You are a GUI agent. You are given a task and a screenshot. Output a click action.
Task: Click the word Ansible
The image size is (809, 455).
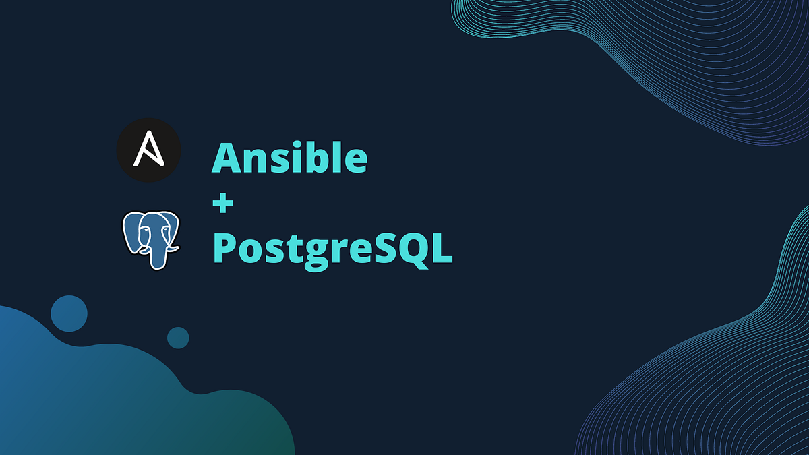(x=290, y=158)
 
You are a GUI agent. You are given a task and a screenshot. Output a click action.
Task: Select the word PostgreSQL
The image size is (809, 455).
(x=332, y=249)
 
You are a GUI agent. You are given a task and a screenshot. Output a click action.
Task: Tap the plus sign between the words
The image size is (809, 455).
(x=222, y=204)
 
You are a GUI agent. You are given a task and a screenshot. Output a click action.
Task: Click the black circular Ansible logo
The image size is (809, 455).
(x=148, y=151)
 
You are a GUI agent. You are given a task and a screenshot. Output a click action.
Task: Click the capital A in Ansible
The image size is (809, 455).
(x=229, y=158)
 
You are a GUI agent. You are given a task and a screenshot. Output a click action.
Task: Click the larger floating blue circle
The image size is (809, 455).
(x=69, y=313)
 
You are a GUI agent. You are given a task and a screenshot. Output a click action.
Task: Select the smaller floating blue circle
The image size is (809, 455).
(x=178, y=338)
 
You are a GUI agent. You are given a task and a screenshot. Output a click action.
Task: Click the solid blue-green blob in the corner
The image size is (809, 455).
(x=101, y=398)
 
